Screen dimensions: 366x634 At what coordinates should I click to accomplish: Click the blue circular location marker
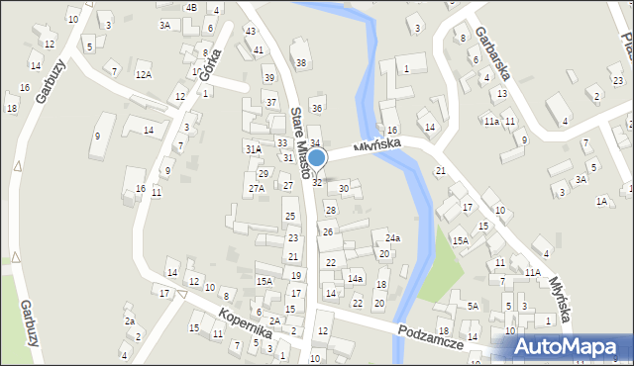click(316, 158)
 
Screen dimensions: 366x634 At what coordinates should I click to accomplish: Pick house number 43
click(250, 31)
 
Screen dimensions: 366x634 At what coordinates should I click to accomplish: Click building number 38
click(301, 63)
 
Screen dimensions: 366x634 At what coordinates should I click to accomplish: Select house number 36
click(317, 107)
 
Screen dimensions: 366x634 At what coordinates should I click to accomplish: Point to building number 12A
click(144, 74)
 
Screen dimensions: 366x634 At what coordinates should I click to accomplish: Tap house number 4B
click(191, 7)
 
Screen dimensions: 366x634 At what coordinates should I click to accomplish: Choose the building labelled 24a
click(393, 238)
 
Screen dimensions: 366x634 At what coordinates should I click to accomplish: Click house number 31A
click(254, 148)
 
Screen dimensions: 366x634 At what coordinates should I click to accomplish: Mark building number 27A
click(256, 188)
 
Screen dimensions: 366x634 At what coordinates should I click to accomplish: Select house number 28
click(331, 210)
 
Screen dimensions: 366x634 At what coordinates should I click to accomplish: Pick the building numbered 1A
click(601, 201)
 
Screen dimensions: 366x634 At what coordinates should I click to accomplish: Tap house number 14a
click(355, 279)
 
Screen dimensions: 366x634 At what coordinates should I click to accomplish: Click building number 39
click(268, 77)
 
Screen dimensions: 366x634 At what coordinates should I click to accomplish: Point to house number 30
click(344, 188)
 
